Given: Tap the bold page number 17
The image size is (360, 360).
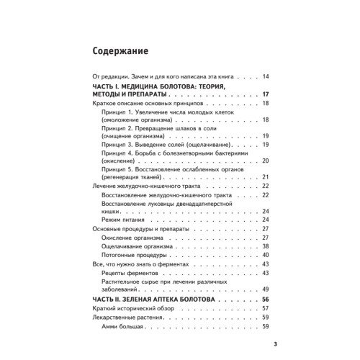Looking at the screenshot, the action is point(265,95).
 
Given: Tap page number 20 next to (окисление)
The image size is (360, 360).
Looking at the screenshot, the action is point(265,160).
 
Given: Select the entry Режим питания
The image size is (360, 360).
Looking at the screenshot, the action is point(130,219).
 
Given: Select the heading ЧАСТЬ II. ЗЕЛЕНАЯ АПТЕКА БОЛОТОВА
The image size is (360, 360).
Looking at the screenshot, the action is point(161,300).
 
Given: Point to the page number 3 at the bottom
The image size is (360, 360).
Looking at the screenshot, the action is point(265,343).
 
